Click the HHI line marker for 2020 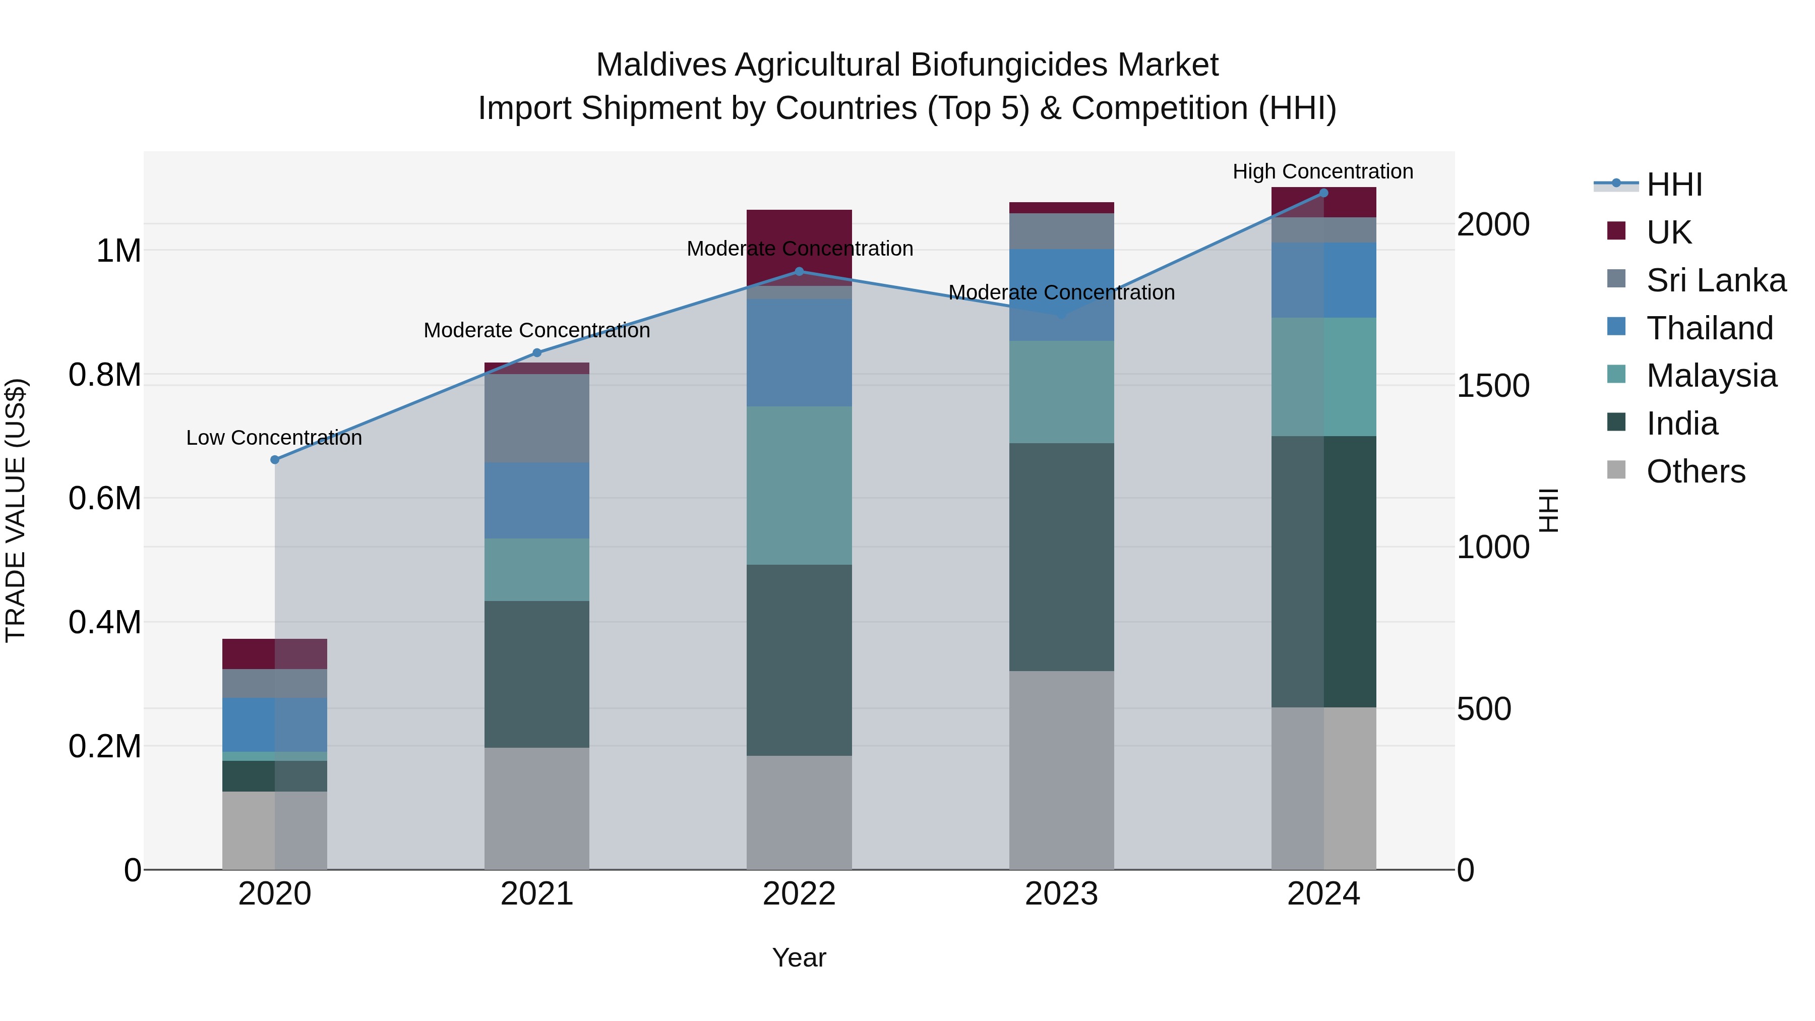[275, 459]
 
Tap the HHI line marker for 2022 [799, 271]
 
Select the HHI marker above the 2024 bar [1323, 193]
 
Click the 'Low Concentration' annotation [274, 438]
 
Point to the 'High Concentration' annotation [1322, 171]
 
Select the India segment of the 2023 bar [1061, 557]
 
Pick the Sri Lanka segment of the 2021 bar [537, 418]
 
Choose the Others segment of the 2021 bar [537, 808]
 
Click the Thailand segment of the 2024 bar [1323, 280]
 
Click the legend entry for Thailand [1709, 328]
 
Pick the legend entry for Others [1695, 471]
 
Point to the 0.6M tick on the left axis [105, 498]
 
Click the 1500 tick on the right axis [1493, 386]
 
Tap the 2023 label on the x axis [1061, 894]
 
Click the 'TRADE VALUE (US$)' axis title [16, 510]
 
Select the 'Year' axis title [799, 957]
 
